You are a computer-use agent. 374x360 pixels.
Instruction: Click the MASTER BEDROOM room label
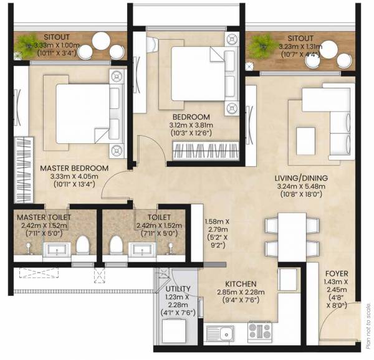click(74, 168)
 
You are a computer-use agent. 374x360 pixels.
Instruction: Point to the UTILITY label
click(178, 289)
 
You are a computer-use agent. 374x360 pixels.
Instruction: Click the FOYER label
click(337, 273)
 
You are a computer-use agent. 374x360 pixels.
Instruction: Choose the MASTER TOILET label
click(43, 217)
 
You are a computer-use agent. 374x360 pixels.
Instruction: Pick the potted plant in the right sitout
click(263, 44)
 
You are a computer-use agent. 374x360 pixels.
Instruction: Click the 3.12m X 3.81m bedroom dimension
click(200, 125)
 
